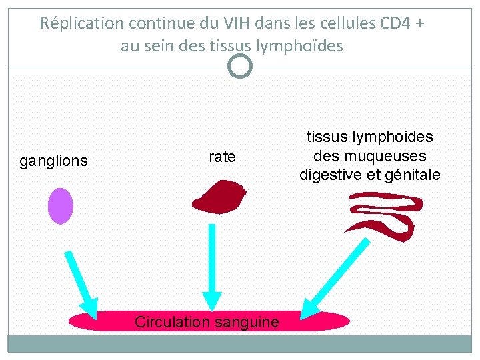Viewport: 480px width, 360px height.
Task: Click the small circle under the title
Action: click(x=239, y=66)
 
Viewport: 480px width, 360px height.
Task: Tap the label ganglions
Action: click(x=53, y=161)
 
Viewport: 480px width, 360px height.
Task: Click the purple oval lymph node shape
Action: click(x=60, y=205)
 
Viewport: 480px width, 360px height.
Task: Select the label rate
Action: click(x=222, y=157)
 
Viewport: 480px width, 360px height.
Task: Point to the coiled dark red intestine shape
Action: click(x=384, y=215)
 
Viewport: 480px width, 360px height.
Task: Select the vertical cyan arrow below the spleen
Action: click(x=211, y=267)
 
